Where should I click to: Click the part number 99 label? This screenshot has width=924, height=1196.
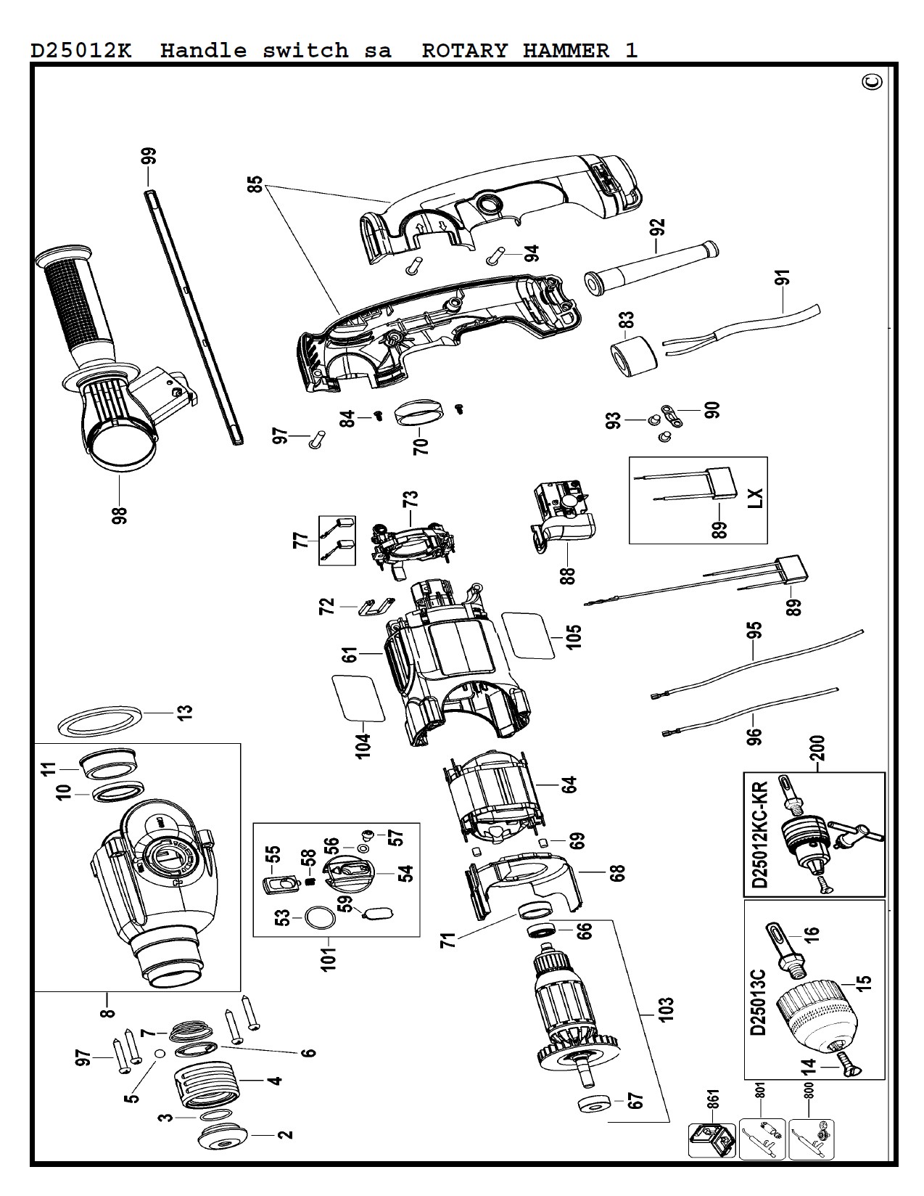pyautogui.click(x=149, y=156)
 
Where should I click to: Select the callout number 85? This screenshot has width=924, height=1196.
pyautogui.click(x=255, y=185)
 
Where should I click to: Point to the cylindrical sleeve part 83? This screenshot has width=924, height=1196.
pyautogui.click(x=634, y=356)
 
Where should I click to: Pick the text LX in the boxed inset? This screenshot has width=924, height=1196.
pyautogui.click(x=756, y=498)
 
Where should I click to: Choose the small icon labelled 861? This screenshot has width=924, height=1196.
pyautogui.click(x=711, y=1140)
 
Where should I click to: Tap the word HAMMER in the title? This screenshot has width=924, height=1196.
pyautogui.click(x=566, y=51)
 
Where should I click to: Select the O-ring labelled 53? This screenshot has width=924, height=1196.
pyautogui.click(x=320, y=918)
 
